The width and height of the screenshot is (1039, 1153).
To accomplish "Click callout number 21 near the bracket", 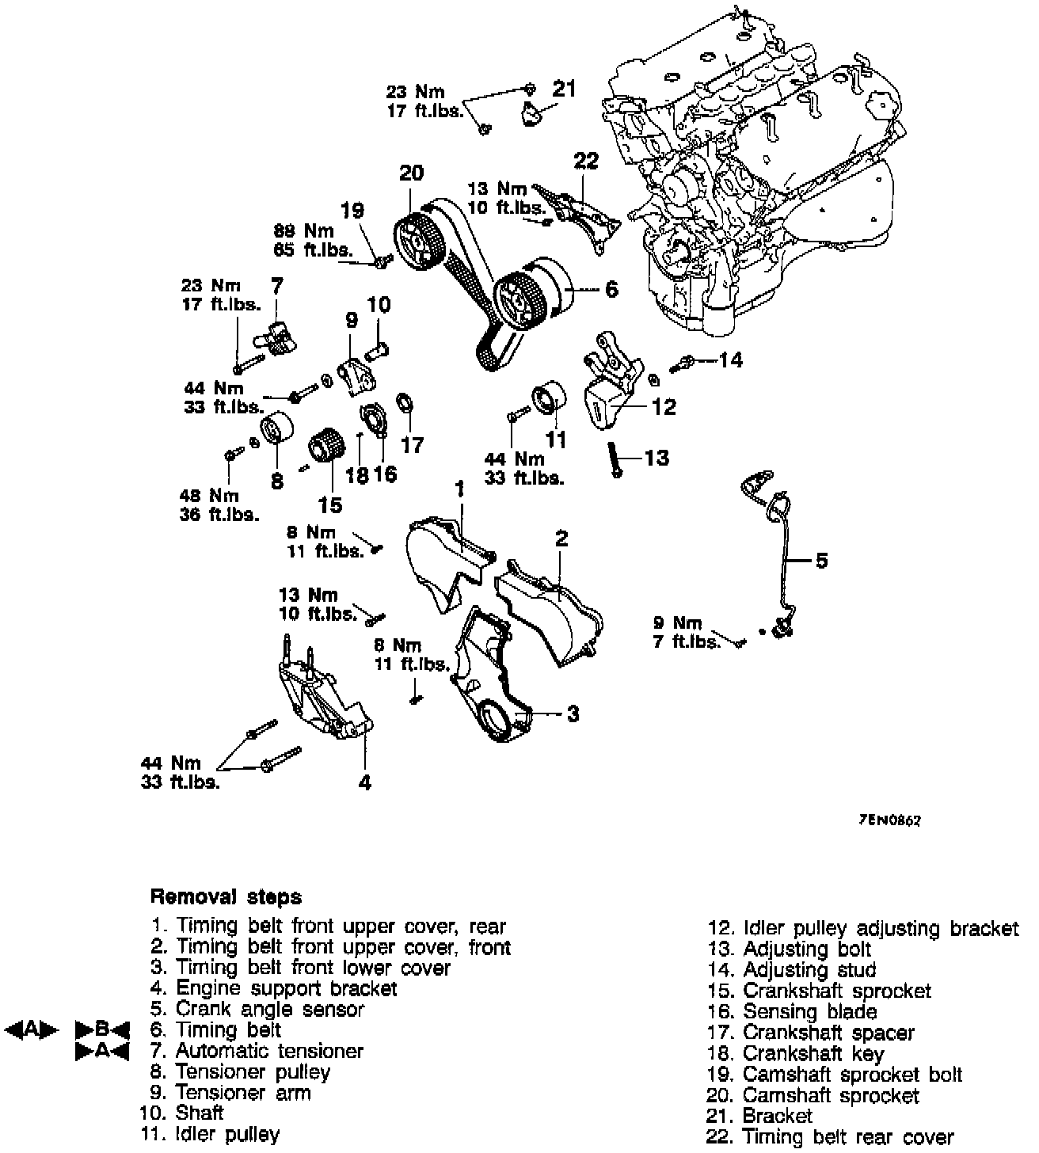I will (x=564, y=89).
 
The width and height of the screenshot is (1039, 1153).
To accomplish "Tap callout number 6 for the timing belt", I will (x=611, y=290).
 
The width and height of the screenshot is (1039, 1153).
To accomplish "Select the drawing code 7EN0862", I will (x=889, y=821).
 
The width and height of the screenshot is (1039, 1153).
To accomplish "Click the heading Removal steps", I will (x=226, y=897).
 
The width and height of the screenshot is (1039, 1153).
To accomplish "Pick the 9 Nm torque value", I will (x=678, y=624).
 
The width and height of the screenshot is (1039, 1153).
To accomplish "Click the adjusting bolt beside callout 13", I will (x=615, y=459).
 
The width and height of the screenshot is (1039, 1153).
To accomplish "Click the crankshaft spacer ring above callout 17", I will (x=403, y=403).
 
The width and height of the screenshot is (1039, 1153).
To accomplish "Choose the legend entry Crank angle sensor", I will (x=269, y=1010).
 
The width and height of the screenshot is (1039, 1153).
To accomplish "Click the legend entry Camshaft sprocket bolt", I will (x=852, y=1075).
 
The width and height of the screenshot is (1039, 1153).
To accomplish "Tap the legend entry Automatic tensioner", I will (x=268, y=1052).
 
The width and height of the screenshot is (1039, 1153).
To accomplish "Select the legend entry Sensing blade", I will (x=809, y=1012).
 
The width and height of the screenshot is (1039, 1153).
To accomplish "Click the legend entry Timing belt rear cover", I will (x=848, y=1138).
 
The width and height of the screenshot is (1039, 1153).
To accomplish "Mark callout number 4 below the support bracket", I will (x=364, y=783).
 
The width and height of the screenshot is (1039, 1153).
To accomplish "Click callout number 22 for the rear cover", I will (x=586, y=161).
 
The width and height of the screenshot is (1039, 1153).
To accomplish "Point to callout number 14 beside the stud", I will (x=731, y=360).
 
